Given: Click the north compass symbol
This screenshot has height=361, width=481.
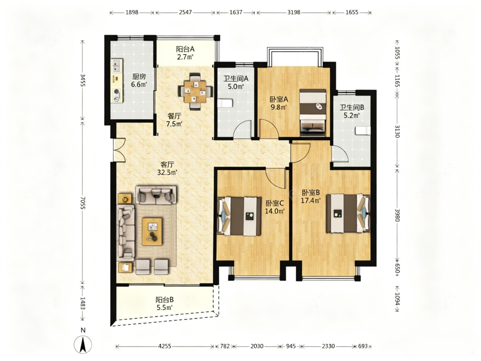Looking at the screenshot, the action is click(x=83, y=344).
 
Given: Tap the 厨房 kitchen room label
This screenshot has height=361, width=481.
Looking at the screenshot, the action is click(x=139, y=77).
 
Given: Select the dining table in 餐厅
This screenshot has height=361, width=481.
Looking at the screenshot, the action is click(x=195, y=91).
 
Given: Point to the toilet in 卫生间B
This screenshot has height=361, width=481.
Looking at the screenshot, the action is click(x=363, y=131).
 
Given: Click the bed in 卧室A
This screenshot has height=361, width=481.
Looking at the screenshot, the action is click(x=313, y=112).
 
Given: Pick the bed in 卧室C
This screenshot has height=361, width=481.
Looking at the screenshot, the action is click(x=239, y=216).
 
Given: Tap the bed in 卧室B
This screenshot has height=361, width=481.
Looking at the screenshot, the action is click(x=348, y=213).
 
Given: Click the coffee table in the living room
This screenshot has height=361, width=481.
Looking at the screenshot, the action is click(x=153, y=231).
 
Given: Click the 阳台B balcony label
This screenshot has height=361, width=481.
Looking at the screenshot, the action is click(x=165, y=299).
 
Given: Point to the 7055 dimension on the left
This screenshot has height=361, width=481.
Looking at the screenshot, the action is click(x=82, y=203).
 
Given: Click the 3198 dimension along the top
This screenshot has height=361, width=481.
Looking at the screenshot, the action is click(x=294, y=12).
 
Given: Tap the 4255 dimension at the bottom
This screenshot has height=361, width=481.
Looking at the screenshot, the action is click(x=165, y=346).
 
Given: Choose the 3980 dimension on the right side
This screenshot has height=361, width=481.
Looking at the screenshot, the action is click(x=397, y=215).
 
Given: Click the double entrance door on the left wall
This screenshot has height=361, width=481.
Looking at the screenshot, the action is click(x=119, y=150).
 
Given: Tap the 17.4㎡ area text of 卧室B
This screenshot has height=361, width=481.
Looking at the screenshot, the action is click(x=311, y=201).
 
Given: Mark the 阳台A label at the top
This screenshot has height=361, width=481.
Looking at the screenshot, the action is click(x=185, y=49).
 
